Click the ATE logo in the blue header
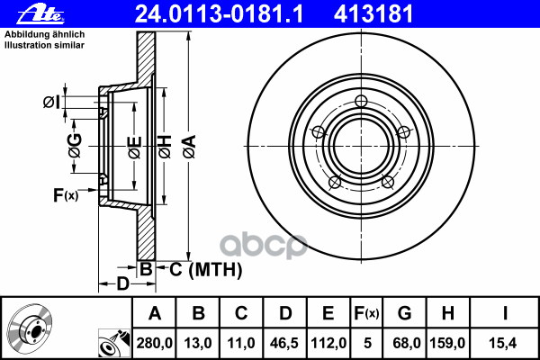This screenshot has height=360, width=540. pos(40,14)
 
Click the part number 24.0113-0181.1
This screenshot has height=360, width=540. pos(219,14)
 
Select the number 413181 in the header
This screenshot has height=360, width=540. pos(373,14)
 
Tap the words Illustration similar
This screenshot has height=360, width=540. pos(44,45)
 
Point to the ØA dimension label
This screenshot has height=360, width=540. pos(189,147)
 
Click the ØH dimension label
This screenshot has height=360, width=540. pos(165,147)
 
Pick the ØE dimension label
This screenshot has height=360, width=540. pos(135,148)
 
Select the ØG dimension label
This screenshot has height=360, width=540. pos(75,146)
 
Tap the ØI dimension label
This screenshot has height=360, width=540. pos(51,102)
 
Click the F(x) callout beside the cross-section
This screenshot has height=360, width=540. pos(66,195)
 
